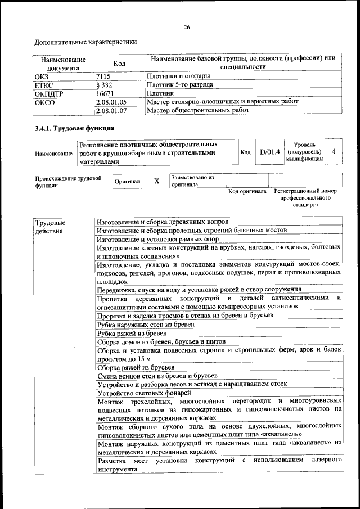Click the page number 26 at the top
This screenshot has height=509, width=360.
[x=187, y=28]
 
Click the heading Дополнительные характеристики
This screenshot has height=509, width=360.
[x=85, y=42]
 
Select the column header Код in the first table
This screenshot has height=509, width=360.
[x=119, y=64]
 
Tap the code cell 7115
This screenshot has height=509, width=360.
[x=103, y=75]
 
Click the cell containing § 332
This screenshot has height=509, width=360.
[x=105, y=84]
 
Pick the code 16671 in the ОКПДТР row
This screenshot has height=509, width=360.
[x=105, y=93]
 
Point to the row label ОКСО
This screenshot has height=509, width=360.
[x=46, y=102]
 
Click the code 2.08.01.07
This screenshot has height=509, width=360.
[x=111, y=111]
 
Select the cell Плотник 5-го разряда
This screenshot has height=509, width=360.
[x=179, y=84]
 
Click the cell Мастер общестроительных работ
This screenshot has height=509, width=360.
[x=197, y=111]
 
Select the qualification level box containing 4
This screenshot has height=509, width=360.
[x=334, y=152]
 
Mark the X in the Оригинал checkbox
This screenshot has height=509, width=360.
[x=157, y=181]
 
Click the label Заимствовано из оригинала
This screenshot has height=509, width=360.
[x=192, y=181]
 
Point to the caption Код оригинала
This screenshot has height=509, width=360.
[x=247, y=192]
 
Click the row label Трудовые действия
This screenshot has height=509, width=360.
[x=49, y=227]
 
